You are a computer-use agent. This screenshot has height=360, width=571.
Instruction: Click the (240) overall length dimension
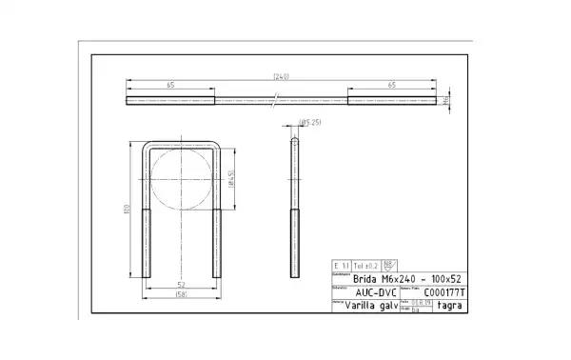coord(281,76)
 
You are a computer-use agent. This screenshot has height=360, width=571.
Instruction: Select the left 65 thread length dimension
coord(170,86)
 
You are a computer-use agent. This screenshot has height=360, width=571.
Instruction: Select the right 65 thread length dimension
coord(391,86)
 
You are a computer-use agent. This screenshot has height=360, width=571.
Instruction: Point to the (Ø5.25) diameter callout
coord(310,123)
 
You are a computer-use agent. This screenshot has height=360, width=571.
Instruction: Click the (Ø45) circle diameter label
coord(231,179)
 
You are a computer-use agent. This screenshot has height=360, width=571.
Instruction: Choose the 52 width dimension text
coord(181,284)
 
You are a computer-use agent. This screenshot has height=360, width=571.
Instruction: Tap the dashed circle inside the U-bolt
coord(181,179)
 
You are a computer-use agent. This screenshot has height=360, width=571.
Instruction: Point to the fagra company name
coord(450,306)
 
